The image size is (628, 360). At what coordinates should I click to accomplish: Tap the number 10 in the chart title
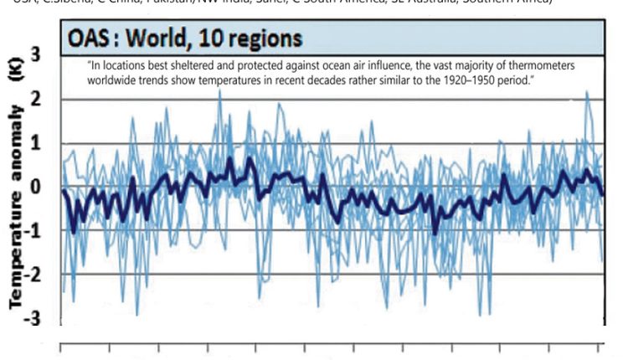(x=219, y=39)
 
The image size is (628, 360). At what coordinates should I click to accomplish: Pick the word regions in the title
(x=271, y=39)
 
